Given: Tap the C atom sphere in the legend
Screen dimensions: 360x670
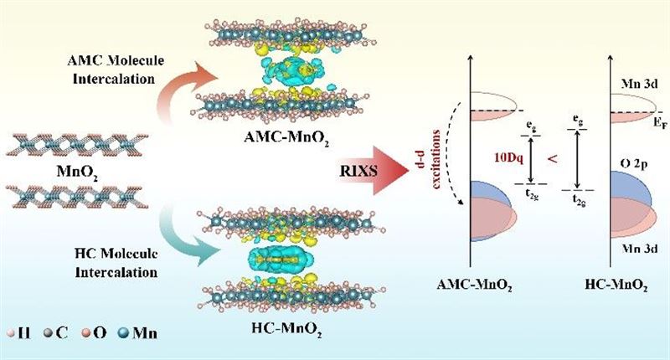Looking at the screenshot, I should click(x=52, y=335).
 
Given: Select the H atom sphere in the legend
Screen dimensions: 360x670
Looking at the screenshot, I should click(x=13, y=335).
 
